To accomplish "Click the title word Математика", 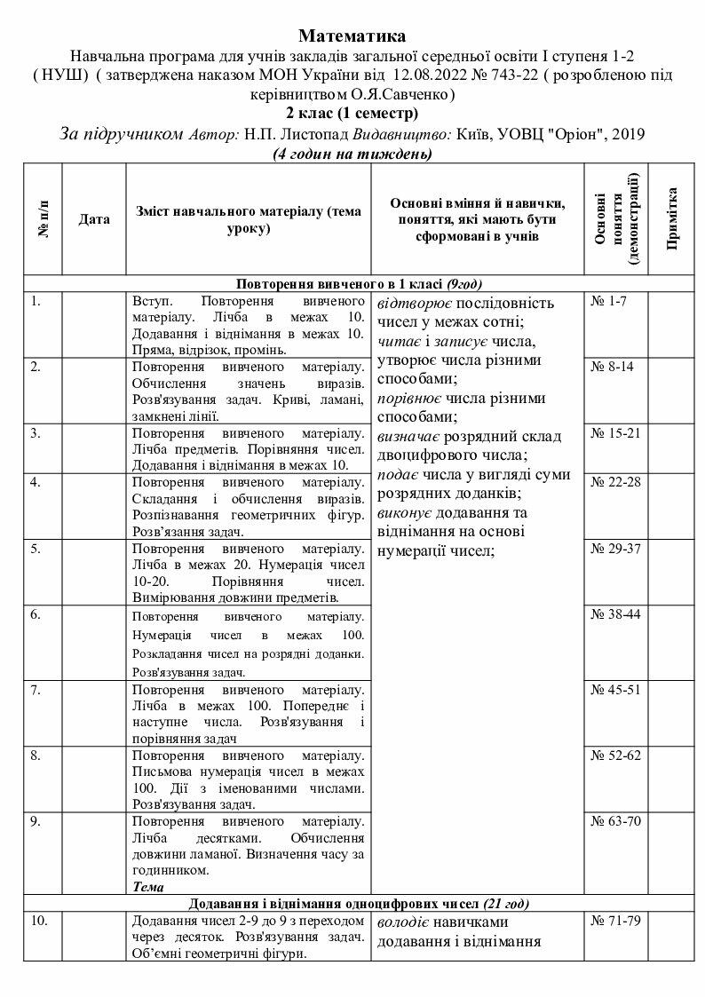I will coord(352,36).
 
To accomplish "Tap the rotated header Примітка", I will coord(671,218).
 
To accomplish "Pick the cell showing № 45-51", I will coord(615,691).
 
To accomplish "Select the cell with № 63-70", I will coord(615,819).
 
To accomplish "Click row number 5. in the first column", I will coord(35,548).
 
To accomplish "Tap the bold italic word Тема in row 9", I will coord(146,886).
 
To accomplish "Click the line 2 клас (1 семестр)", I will coord(352,113).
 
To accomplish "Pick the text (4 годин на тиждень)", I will coord(352,154).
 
